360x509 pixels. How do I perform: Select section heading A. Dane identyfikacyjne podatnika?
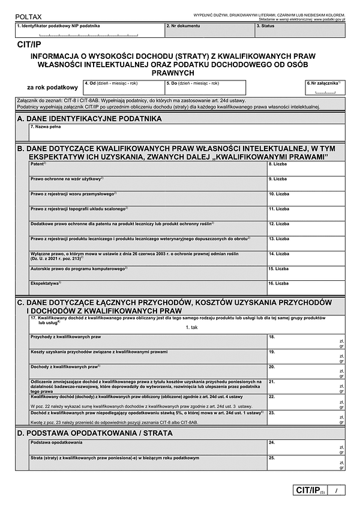tap(90, 119)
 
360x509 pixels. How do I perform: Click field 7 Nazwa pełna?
tap(186, 133)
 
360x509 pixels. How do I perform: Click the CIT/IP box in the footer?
tap(310, 491)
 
